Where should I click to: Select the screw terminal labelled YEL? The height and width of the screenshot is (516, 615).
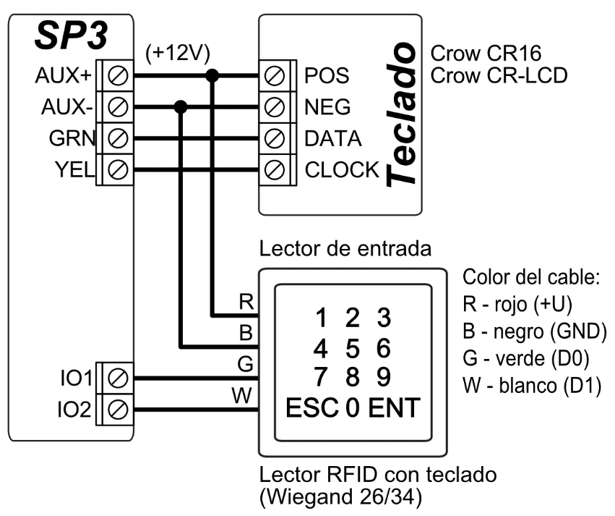point(119,170)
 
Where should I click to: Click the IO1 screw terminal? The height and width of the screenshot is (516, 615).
point(119,377)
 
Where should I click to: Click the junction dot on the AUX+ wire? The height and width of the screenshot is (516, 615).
point(212,76)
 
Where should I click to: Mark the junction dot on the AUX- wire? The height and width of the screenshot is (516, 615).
point(181,107)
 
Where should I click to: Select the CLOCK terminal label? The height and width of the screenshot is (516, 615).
point(342,170)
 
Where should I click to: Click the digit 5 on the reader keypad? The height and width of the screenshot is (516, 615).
point(352,348)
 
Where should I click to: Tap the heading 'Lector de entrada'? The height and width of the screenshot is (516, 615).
point(345,249)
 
